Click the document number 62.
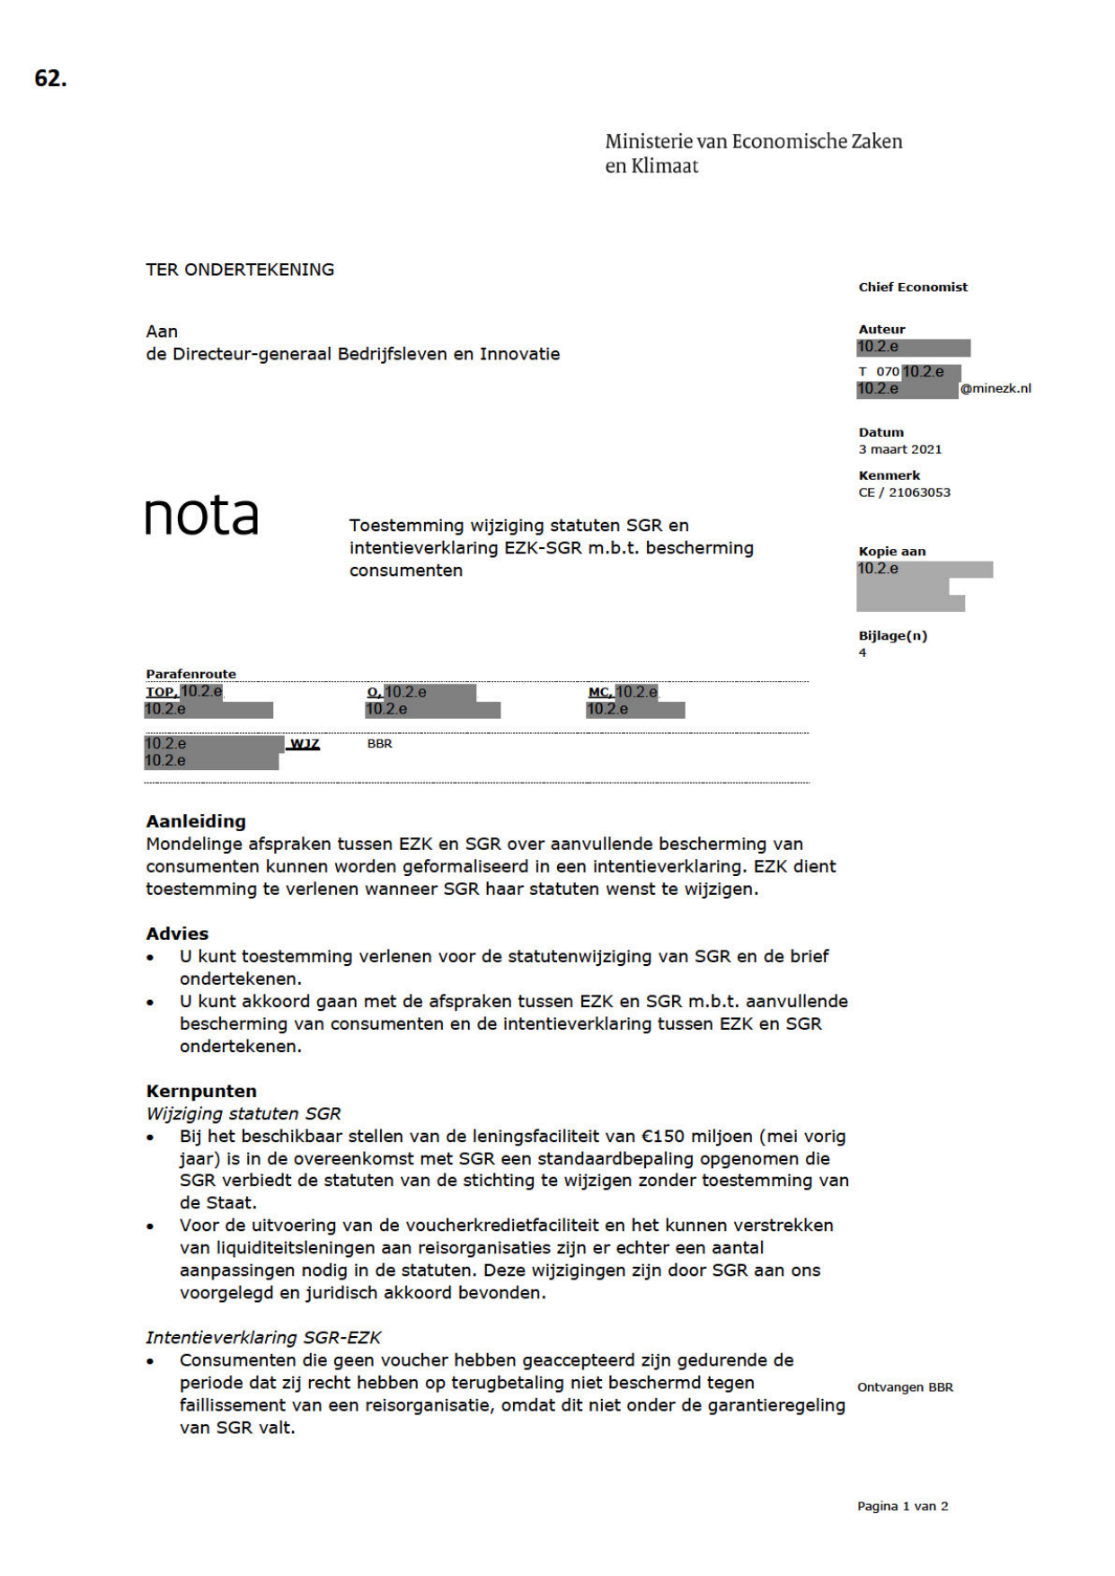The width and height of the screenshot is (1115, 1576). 50,79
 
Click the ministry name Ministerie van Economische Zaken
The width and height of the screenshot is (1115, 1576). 753,141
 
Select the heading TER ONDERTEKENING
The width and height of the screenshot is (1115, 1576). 240,270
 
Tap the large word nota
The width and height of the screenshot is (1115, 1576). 201,516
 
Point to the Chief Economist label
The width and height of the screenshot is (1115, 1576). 913,288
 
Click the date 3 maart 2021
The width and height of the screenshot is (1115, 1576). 900,449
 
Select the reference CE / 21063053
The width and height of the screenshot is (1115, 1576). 904,492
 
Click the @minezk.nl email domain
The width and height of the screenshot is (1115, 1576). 996,389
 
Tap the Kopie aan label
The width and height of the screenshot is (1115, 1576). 891,552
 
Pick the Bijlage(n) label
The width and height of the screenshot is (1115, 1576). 892,636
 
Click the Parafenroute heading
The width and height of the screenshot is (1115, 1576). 190,674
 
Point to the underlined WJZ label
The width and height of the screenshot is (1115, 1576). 305,744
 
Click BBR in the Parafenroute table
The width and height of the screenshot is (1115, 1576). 379,744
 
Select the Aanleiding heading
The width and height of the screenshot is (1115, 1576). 196,821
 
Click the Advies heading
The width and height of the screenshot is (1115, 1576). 177,934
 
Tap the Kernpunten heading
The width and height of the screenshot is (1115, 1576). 201,1091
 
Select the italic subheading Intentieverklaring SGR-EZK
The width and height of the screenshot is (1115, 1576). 263,1338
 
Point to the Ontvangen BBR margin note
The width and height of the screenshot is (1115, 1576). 905,1387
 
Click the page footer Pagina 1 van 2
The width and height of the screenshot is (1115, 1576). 902,1506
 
